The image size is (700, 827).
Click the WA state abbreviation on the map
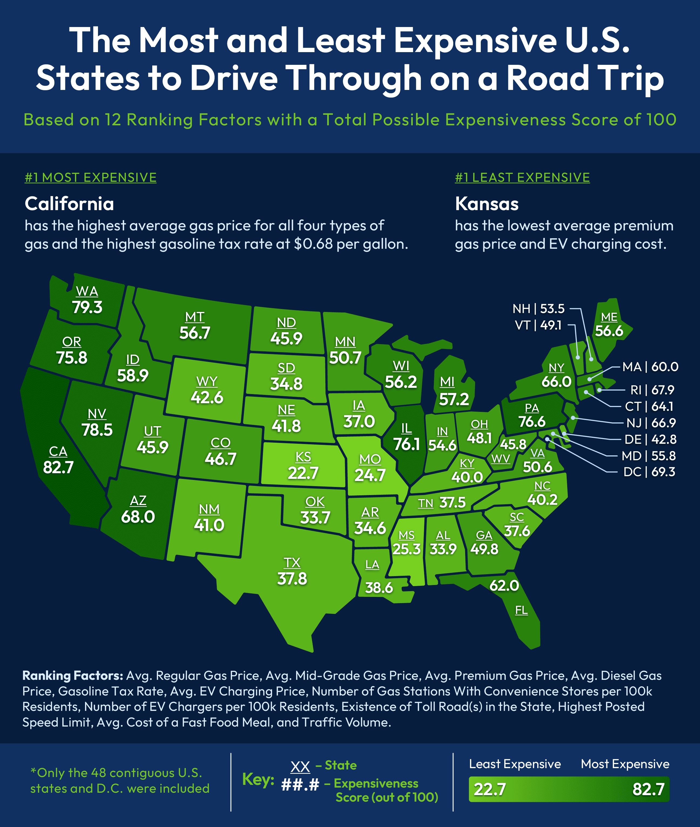(87, 291)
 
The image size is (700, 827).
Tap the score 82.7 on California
(58, 467)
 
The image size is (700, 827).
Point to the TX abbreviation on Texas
(292, 563)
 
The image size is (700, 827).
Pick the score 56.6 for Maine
(609, 331)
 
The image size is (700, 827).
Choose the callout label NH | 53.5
(538, 308)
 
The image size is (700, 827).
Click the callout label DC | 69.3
(649, 472)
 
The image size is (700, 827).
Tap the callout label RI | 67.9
(652, 390)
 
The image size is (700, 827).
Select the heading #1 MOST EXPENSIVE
(90, 177)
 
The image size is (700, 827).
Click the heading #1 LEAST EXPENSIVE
(522, 177)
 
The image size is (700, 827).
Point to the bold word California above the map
(69, 204)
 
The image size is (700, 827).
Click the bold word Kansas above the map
(486, 204)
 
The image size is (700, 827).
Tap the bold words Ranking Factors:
(73, 675)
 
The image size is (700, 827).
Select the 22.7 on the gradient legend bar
(490, 789)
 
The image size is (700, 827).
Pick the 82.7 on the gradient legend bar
(648, 789)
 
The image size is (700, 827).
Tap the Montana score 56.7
(194, 333)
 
